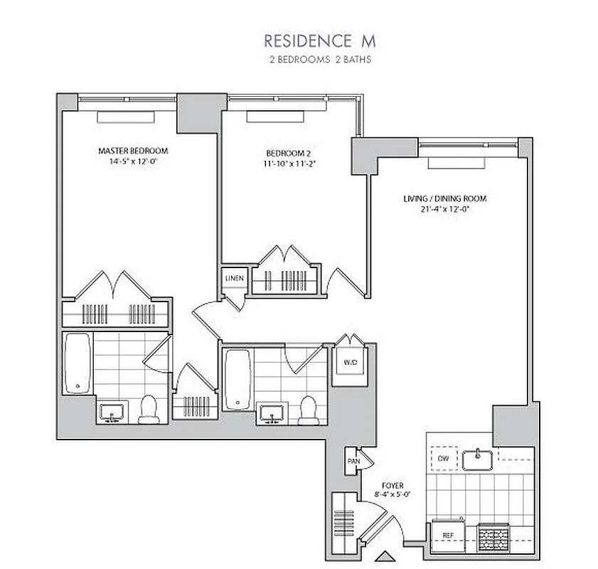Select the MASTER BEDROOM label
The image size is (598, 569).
133,151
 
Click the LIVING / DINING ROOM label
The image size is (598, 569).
445,199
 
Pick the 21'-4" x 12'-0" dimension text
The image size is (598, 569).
445,209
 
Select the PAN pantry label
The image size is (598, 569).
353,461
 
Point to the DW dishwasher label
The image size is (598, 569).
444,458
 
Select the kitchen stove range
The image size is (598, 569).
494,533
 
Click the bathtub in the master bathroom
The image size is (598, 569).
77,364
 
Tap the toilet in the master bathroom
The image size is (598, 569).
149,409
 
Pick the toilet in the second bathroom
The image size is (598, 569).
308,410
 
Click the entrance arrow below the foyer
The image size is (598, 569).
384,556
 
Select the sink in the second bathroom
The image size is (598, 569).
272,413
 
